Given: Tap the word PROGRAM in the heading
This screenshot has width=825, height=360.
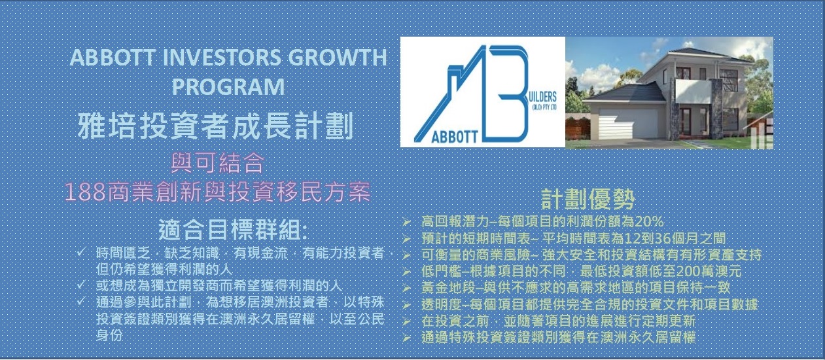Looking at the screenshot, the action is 228,86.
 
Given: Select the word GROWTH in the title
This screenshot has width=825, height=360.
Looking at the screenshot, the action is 338,57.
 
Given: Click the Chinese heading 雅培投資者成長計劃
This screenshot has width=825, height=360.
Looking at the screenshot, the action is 216,126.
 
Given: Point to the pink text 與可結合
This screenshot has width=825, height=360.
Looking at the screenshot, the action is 218,163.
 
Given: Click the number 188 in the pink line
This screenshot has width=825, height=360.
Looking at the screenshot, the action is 86,192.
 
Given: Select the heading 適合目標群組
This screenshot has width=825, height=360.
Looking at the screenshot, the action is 233,230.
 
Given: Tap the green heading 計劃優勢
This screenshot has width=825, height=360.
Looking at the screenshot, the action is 588,200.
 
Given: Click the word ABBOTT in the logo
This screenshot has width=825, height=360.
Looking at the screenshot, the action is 454,137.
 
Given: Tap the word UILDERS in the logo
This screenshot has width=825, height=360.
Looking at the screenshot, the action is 542,98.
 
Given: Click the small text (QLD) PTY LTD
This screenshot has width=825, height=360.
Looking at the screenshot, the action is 544,107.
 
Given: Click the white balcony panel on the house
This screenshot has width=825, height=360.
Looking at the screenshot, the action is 693,92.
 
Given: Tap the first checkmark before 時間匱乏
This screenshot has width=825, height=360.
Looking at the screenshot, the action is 81,252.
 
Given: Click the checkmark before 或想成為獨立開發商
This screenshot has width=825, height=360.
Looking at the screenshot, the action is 81,285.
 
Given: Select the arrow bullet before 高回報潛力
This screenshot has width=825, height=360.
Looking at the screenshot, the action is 406,222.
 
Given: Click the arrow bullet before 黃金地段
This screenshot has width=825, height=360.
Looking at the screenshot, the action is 406,288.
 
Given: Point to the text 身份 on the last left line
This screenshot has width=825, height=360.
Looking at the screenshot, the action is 109,335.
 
